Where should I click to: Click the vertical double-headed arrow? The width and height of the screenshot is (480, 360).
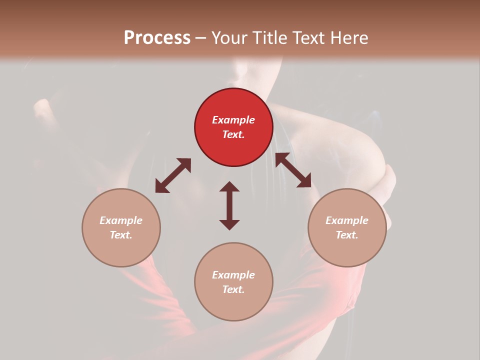click(229, 205)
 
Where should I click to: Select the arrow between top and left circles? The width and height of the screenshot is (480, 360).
click(173, 175)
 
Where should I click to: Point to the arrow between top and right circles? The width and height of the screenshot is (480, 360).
click(293, 170)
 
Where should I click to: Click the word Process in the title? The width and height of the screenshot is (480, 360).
click(157, 37)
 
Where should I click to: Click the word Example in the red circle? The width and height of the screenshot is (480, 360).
click(233, 120)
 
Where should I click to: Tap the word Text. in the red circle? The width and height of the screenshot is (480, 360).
click(233, 134)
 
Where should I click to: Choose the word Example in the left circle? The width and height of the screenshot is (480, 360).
click(121, 220)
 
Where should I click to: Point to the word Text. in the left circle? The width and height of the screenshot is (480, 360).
click(121, 235)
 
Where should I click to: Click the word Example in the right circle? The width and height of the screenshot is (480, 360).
click(347, 220)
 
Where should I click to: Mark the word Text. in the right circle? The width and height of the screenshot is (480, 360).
click(347, 235)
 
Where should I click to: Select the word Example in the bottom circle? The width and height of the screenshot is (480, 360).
click(233, 275)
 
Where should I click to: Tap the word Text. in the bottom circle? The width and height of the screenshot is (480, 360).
click(233, 289)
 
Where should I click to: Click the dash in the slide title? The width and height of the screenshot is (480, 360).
click(201, 38)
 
